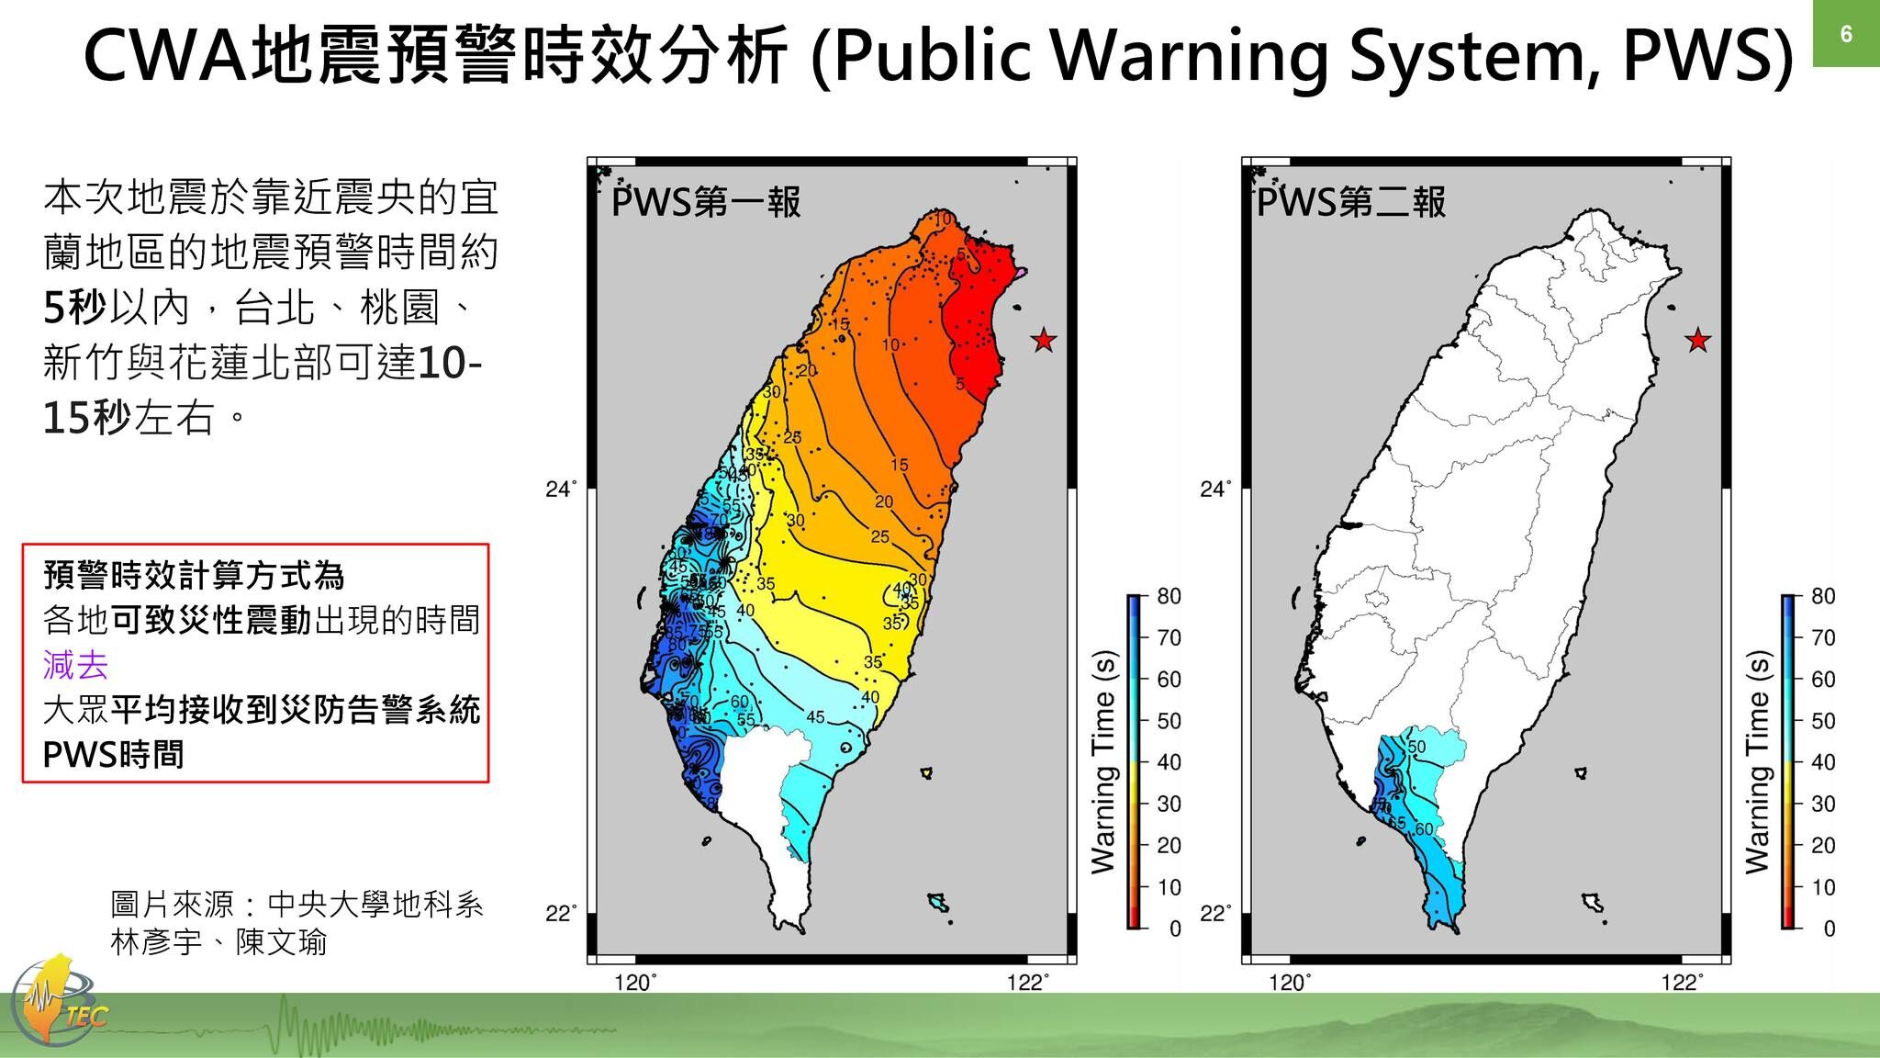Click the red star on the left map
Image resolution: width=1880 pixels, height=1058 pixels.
click(x=1044, y=341)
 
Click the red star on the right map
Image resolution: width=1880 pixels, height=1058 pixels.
click(x=1698, y=341)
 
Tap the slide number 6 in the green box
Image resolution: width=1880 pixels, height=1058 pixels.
click(x=1846, y=35)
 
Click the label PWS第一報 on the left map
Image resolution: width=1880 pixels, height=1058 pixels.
click(x=706, y=202)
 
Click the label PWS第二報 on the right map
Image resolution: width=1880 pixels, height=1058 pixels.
click(x=1351, y=202)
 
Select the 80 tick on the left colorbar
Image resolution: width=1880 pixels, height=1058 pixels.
click(x=1169, y=597)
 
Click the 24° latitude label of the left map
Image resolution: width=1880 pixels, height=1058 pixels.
click(x=561, y=490)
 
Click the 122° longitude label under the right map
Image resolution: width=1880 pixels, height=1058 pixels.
click(x=1682, y=984)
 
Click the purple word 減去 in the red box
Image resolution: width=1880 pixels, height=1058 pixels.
click(x=75, y=665)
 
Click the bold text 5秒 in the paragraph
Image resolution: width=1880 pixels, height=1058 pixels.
click(x=74, y=308)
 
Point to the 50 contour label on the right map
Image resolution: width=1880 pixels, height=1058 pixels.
click(x=1416, y=748)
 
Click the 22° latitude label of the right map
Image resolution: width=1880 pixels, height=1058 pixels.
click(x=1215, y=915)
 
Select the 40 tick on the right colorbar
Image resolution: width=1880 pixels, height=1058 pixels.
click(x=1823, y=762)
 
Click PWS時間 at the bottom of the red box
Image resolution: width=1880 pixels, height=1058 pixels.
click(x=114, y=755)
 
